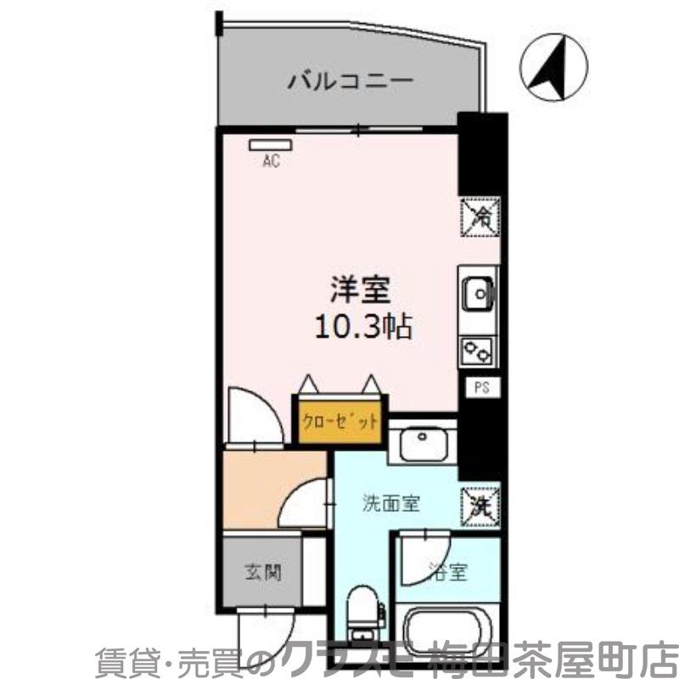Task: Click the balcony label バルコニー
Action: click(x=350, y=82)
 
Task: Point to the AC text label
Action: click(x=270, y=161)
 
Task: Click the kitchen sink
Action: click(x=478, y=295)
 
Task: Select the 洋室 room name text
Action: click(x=360, y=290)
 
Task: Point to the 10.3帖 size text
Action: click(x=362, y=327)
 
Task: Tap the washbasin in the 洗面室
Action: click(x=422, y=441)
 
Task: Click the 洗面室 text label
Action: click(x=391, y=503)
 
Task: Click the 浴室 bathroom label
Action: click(x=447, y=572)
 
